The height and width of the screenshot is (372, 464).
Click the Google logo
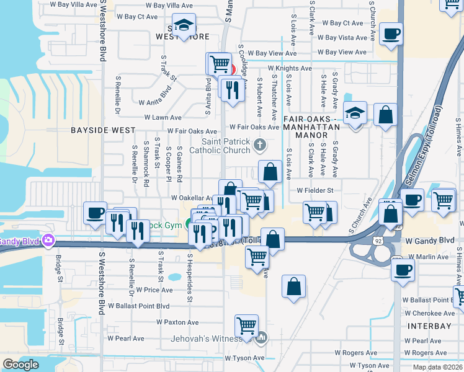coord(20,365)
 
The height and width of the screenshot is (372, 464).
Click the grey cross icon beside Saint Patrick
coord(259,145)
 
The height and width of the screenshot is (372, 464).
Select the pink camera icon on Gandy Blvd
coord(48,241)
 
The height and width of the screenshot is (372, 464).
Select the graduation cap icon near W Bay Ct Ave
coord(184,25)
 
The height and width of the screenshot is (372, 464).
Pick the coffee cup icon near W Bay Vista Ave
coord(391,33)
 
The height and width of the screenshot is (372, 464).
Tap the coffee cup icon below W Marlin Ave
coord(403,270)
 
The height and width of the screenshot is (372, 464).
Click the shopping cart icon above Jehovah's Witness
coord(246,325)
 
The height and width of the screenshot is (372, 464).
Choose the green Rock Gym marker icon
coord(189,225)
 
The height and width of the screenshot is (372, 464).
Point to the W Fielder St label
coord(315,190)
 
